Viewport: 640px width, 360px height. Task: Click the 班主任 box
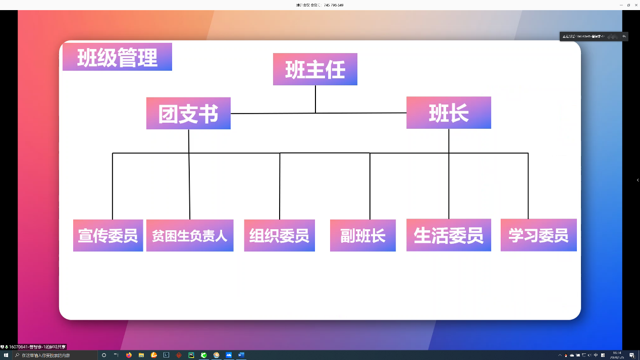click(x=315, y=69)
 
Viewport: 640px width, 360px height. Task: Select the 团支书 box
click(x=188, y=113)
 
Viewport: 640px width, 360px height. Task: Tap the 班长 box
click(x=448, y=113)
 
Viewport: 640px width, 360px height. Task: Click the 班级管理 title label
click(x=117, y=57)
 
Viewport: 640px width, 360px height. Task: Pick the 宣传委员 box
click(x=108, y=235)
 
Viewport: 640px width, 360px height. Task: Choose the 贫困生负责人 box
click(x=190, y=235)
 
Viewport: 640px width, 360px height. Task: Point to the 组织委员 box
click(x=279, y=235)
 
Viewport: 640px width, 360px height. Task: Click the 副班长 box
click(x=362, y=235)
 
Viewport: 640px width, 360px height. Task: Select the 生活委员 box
click(x=448, y=235)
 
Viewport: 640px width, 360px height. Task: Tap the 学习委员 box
click(x=538, y=235)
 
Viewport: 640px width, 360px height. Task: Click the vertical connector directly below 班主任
click(x=315, y=99)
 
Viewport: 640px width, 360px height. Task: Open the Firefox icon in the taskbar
click(x=129, y=355)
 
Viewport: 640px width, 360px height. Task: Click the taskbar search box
click(x=56, y=355)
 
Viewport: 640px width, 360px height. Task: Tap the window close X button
click(x=636, y=5)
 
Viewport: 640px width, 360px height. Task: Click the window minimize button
click(x=621, y=5)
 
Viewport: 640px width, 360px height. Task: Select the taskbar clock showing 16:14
click(x=617, y=355)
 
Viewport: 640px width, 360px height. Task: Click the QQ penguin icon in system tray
click(x=566, y=355)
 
